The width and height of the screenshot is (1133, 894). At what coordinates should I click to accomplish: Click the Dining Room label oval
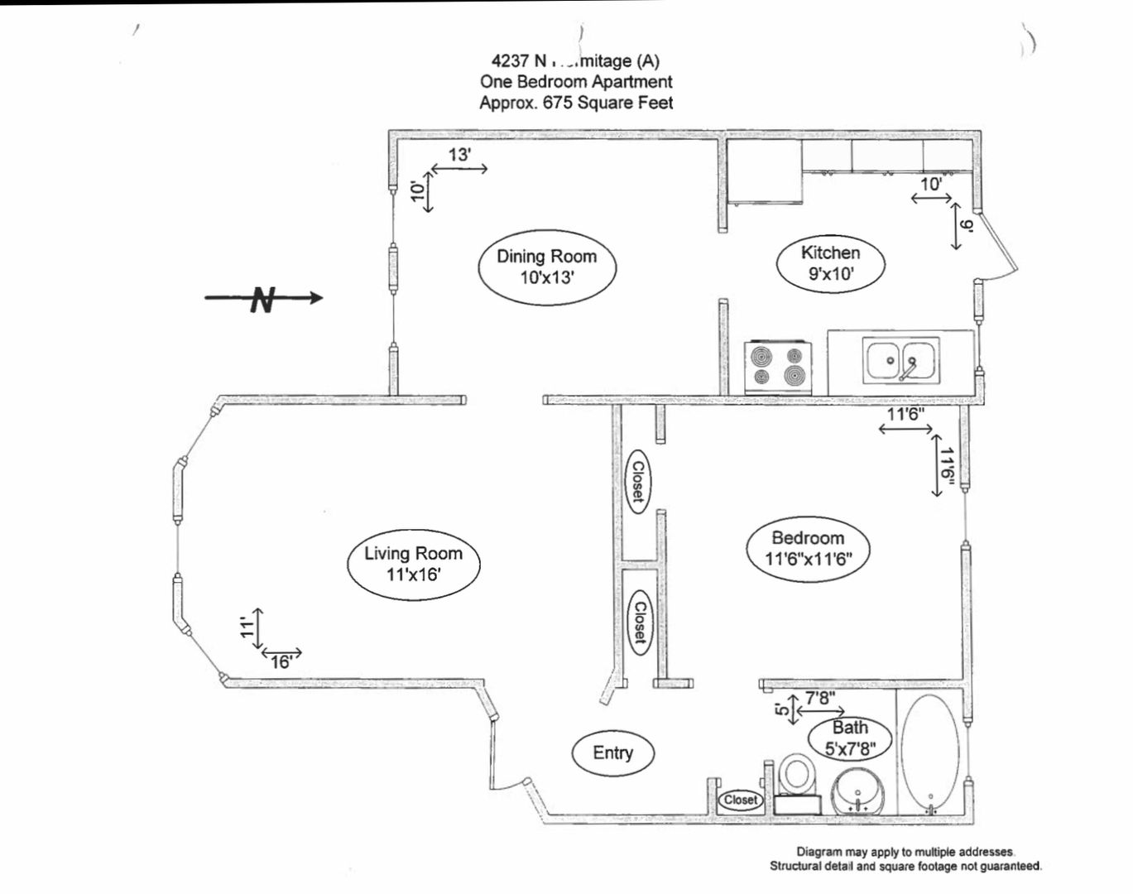tap(547, 267)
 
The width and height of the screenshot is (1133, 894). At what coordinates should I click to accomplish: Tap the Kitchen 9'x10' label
tap(830, 263)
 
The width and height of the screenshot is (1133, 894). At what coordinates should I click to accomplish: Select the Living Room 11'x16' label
tap(413, 563)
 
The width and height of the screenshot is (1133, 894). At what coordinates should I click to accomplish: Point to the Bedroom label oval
tap(808, 549)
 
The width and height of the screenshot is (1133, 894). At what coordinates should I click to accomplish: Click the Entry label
tap(613, 752)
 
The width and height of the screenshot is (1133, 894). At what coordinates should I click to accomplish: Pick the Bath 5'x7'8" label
tap(850, 738)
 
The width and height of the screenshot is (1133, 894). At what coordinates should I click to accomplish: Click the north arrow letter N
tap(262, 299)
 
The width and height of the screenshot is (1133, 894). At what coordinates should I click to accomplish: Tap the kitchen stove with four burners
tap(778, 366)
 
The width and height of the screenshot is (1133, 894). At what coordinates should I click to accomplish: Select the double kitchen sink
tap(901, 360)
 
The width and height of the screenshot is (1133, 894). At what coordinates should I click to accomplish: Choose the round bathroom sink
tap(858, 791)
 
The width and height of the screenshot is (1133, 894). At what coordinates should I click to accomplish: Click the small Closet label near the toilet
tap(740, 800)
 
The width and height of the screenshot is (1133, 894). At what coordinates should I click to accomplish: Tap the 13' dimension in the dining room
tap(460, 155)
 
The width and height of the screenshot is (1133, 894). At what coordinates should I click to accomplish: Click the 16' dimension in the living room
tap(281, 661)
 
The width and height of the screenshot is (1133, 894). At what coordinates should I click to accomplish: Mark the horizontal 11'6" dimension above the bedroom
tap(905, 415)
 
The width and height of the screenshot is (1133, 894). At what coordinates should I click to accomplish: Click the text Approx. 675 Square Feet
tap(576, 103)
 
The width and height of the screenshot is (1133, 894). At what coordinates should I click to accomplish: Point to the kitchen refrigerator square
tap(765, 171)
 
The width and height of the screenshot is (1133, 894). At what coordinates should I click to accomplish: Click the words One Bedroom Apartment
tap(576, 81)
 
